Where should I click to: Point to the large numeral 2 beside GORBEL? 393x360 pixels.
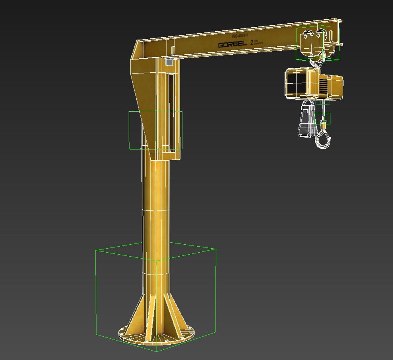point(251,42)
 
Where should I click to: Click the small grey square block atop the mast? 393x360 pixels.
point(170,62)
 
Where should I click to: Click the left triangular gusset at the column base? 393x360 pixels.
point(137,317)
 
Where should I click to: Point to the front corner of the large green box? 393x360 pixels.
point(157,351)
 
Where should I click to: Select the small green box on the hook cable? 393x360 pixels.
point(323,118)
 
